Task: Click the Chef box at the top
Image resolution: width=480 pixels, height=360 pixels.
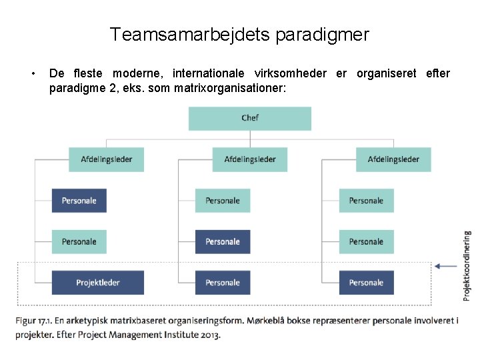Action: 250,118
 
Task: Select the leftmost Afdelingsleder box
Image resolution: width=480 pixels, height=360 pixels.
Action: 107,159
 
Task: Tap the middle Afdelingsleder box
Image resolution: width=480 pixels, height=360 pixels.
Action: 250,159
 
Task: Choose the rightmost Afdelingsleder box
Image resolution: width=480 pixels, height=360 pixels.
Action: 393,159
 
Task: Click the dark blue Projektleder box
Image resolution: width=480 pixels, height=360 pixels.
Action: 98,283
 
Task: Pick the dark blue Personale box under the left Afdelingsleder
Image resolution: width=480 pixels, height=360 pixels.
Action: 79,201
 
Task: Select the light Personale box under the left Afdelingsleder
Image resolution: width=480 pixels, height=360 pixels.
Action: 79,241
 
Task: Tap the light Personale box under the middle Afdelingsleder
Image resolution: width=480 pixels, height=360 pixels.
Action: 223,201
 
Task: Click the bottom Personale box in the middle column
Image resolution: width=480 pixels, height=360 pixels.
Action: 223,283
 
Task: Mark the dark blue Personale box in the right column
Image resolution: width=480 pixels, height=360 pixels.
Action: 366,283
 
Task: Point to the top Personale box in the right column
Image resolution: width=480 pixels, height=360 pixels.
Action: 366,201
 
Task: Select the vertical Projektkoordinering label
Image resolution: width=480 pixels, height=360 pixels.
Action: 467,264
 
